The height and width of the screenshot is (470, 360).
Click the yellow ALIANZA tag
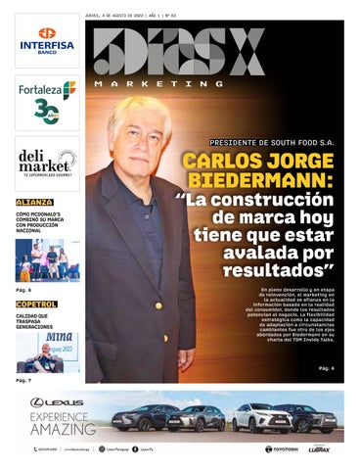tap(34, 202)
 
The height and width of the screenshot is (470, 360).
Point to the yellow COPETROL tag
tap(36, 305)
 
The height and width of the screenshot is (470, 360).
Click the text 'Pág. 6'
tap(23, 290)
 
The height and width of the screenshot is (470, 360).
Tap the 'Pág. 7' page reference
tap(23, 380)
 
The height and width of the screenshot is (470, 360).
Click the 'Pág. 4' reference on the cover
tap(327, 368)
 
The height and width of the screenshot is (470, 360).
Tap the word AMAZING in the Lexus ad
tap(63, 430)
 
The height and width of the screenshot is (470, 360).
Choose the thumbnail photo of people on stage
tap(47, 259)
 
